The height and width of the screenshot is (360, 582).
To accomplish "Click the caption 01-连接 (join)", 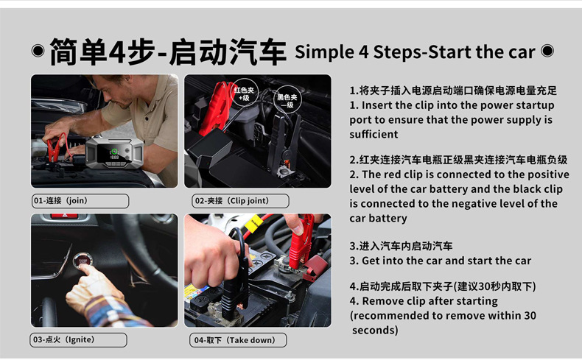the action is point(61,200).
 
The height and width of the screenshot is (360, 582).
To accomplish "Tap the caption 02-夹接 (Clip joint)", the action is point(232,200).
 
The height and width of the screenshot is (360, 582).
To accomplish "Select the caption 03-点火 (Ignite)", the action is point(64,339).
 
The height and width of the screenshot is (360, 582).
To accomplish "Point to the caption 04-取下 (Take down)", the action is point(234,340).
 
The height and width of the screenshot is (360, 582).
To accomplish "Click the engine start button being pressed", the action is point(83,260).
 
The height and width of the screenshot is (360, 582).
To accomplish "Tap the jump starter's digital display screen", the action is point(114,155).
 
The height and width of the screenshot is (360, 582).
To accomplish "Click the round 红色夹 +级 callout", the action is point(244,93).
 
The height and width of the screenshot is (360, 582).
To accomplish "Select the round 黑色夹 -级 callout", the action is point(287,100).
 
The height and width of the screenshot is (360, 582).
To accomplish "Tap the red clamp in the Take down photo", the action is point(300,241).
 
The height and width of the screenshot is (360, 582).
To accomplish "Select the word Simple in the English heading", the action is point(324,52).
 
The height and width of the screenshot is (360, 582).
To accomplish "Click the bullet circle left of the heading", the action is point(38,50).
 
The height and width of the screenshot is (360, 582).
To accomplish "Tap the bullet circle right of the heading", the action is point(547,50).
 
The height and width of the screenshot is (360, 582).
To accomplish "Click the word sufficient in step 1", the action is point(374,134).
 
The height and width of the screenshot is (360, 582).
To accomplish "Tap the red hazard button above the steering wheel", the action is point(64,216).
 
